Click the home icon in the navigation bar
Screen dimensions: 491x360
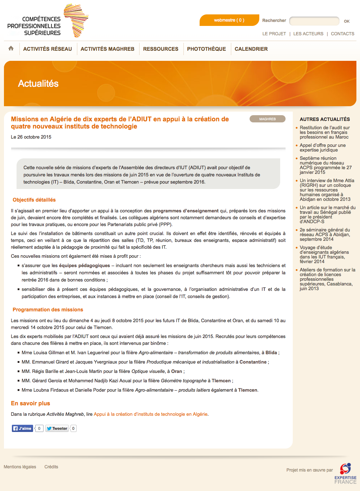coord(11,48)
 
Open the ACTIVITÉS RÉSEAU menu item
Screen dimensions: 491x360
coord(47,49)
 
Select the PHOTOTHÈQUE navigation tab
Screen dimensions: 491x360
coord(206,49)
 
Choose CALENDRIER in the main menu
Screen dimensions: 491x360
coord(251,49)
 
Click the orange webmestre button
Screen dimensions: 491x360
coord(229,20)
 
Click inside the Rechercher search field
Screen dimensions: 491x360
coord(314,21)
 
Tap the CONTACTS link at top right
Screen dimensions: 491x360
coord(342,34)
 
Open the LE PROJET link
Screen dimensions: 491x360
coord(274,34)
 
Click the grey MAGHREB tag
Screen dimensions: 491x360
coord(268,119)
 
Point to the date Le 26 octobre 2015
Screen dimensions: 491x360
coord(31,137)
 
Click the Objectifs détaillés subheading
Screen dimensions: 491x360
coord(34,200)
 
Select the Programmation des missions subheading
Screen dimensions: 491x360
coord(48,310)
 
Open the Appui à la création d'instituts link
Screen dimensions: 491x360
coord(151,414)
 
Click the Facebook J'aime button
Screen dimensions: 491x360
coord(23,428)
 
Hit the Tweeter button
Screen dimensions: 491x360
coord(57,428)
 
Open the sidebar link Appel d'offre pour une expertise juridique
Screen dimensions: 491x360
coord(323,148)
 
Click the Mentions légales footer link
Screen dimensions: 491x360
coord(20,467)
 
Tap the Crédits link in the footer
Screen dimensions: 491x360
coord(51,467)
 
